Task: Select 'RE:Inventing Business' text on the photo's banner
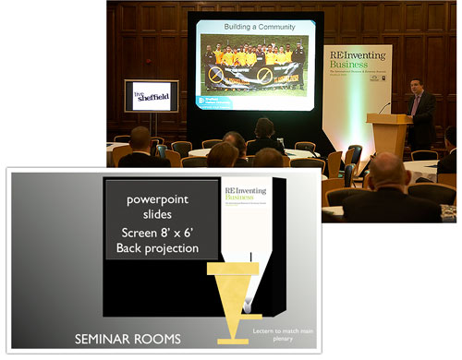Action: [x=357, y=57]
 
